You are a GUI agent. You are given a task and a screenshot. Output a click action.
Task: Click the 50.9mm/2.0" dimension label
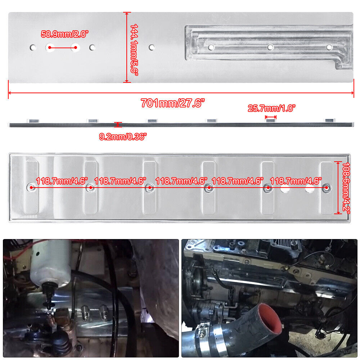[x=64, y=35]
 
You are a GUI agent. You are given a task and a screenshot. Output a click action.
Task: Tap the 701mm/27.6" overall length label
[x=173, y=103]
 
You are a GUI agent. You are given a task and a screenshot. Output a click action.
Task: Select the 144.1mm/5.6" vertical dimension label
[x=134, y=49]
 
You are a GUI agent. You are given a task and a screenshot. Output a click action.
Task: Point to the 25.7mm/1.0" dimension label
[x=271, y=108]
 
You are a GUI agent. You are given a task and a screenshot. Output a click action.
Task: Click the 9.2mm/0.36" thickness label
[x=123, y=137]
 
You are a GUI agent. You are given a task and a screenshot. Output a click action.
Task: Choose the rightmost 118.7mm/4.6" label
[x=296, y=181]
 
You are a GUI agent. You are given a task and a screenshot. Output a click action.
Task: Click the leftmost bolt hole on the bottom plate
[x=32, y=187]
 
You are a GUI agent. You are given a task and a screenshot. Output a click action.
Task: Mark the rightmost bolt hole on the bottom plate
[x=326, y=187]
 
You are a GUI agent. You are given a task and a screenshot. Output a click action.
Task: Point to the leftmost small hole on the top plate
[x=33, y=47]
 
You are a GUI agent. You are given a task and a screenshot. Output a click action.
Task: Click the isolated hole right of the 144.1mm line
[x=152, y=47]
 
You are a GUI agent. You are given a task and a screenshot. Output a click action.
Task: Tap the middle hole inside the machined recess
[x=270, y=47]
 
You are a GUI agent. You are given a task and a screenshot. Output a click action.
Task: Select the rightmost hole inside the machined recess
[x=329, y=47]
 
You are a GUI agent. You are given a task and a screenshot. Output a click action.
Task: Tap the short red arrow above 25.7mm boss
[x=271, y=117]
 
